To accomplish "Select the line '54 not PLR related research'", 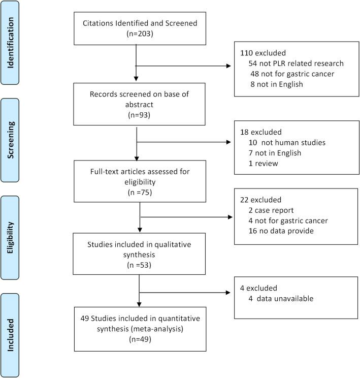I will pyautogui.click(x=290, y=64).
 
